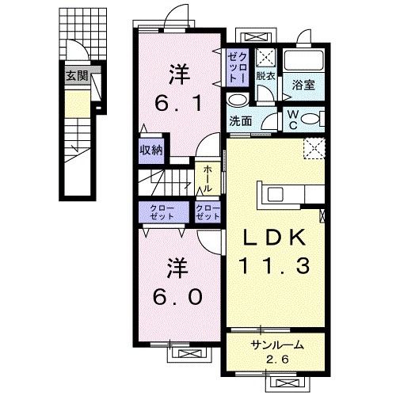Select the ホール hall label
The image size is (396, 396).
(206, 179)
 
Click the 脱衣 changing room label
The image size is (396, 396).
(265, 76)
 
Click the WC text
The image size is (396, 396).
(292, 118)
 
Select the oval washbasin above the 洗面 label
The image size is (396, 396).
(237, 101)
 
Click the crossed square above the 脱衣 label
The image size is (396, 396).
(265, 58)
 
